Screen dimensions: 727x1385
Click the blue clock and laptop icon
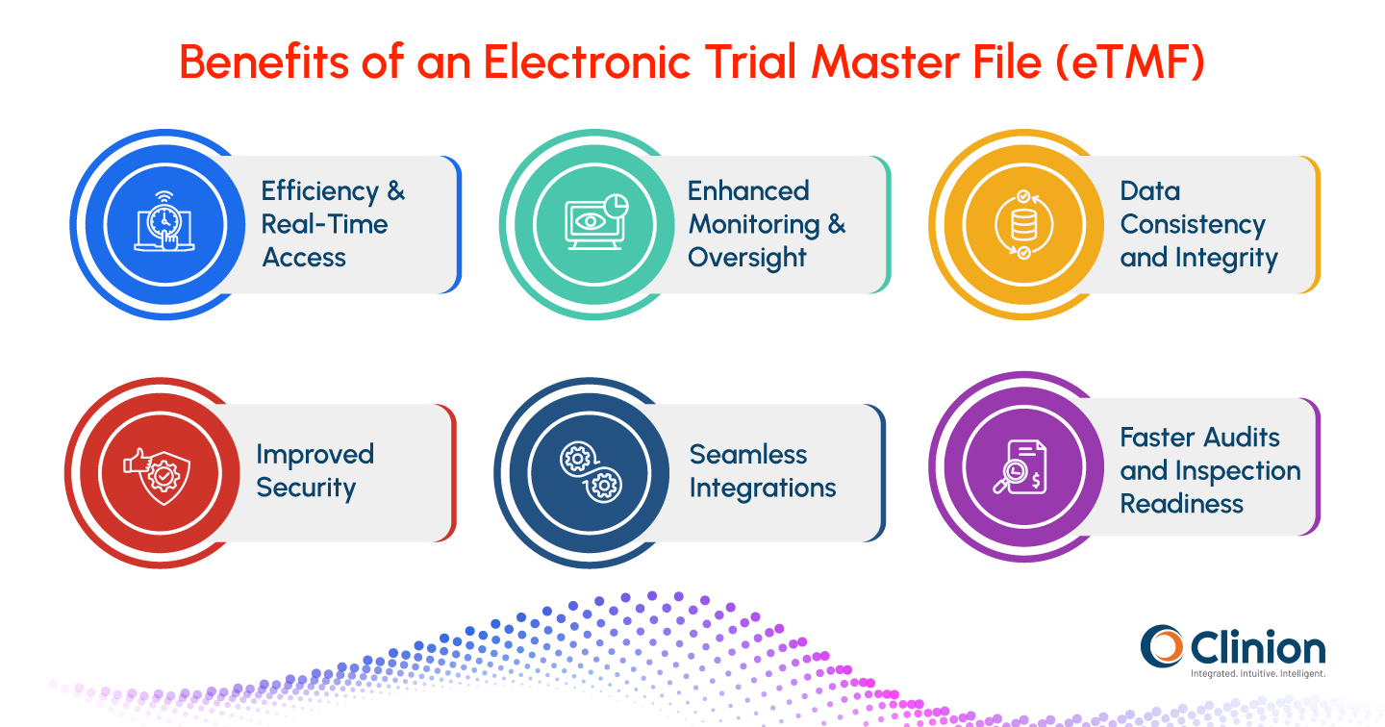point(164,223)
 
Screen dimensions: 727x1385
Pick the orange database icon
point(1023,223)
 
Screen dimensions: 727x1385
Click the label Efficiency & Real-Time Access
point(333,224)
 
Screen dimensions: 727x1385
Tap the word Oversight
point(746,258)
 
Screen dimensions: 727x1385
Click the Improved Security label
point(315,471)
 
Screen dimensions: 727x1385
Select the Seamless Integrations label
point(762,471)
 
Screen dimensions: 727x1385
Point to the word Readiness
point(1181,504)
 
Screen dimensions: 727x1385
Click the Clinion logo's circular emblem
point(1162,646)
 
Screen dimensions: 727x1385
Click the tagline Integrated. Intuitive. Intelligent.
point(1257,674)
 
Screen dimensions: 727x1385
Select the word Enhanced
point(748,190)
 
